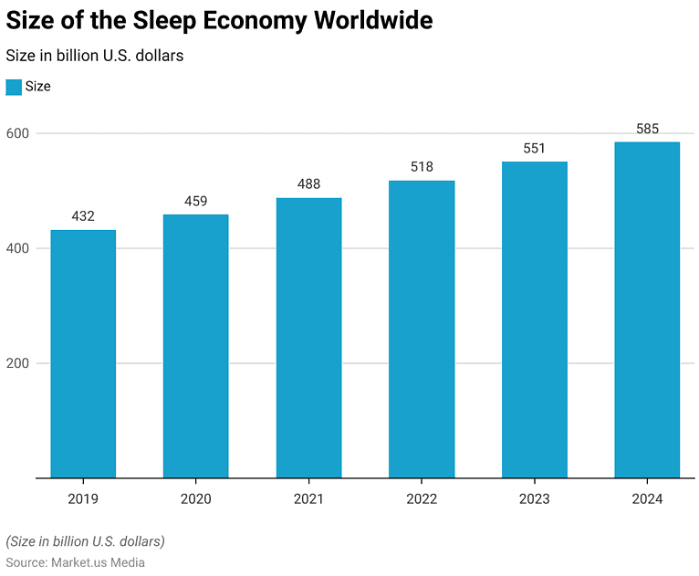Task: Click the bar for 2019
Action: click(83, 353)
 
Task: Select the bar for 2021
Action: click(308, 338)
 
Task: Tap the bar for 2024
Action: click(647, 309)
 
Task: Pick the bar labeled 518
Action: click(422, 329)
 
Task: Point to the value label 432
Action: click(83, 217)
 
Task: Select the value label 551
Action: click(535, 149)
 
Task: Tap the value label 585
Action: click(647, 129)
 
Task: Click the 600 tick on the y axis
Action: click(18, 133)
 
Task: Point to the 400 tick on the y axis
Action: click(18, 248)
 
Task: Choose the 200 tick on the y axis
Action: click(18, 363)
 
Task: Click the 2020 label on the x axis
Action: click(195, 498)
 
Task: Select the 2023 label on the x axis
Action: click(535, 498)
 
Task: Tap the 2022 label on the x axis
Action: click(422, 498)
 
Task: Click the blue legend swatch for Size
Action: click(14, 87)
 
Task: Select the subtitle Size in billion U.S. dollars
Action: click(95, 56)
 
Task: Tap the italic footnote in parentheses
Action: click(86, 541)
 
